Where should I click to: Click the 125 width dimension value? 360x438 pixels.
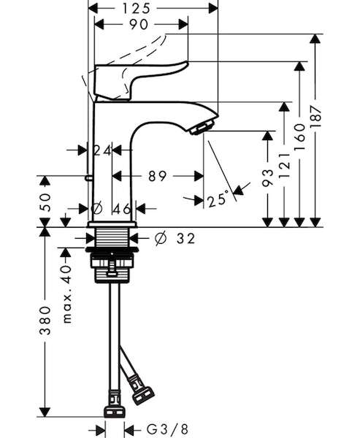(136, 8)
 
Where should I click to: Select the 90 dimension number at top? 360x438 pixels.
(138, 25)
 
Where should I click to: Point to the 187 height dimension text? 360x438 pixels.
(316, 116)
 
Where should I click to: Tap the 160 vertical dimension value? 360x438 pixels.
(300, 137)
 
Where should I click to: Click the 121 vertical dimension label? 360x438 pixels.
(284, 165)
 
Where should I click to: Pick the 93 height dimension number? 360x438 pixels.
(268, 177)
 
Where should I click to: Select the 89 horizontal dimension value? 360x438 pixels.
(157, 176)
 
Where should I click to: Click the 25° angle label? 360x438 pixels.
(218, 199)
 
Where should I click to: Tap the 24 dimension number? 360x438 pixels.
(102, 150)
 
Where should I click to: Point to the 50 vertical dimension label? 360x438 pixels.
(45, 202)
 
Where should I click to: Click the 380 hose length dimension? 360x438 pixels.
(45, 320)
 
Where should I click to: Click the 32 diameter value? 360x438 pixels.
(185, 238)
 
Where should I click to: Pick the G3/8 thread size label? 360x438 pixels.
(167, 429)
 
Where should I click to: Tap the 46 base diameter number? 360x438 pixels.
(122, 208)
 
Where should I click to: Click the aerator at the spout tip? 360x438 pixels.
(202, 127)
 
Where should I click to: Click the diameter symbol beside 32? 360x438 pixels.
(161, 238)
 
